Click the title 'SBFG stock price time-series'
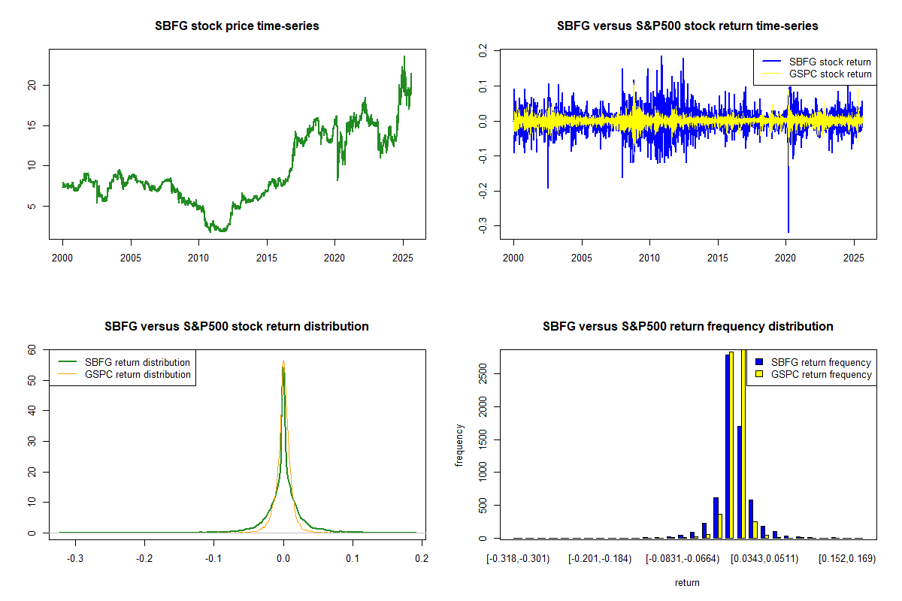[237, 26]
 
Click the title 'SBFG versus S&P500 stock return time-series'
[687, 26]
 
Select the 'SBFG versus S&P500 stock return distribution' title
[237, 327]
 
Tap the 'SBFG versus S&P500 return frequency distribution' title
[687, 327]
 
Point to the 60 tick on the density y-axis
[32, 349]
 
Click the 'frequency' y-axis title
[460, 445]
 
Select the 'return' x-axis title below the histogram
[687, 582]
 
